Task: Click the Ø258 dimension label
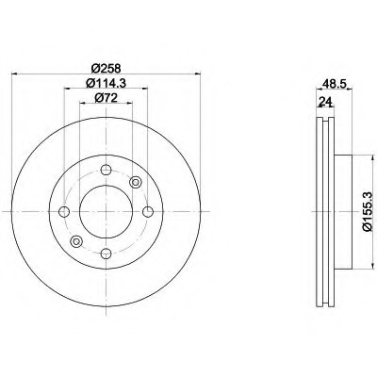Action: (106, 68)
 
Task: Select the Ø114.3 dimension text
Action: (106, 83)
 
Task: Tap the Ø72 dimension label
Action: (106, 98)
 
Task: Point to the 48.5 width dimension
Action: (335, 84)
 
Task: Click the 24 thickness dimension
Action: (325, 102)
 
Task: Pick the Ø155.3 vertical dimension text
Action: (368, 212)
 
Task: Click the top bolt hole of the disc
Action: (107, 170)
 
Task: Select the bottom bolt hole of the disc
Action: (107, 254)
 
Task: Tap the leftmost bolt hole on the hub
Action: (64, 212)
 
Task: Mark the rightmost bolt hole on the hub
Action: (148, 212)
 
